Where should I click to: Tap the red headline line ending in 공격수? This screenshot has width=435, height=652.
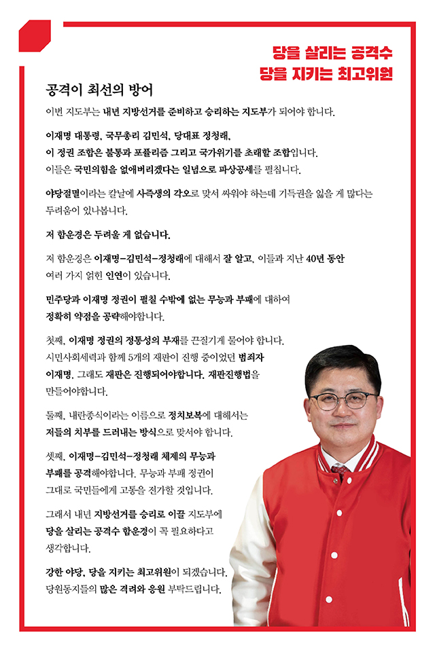coord(332,52)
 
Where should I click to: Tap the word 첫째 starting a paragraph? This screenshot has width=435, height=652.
coord(54,340)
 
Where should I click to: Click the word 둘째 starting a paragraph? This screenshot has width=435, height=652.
coord(54,414)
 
